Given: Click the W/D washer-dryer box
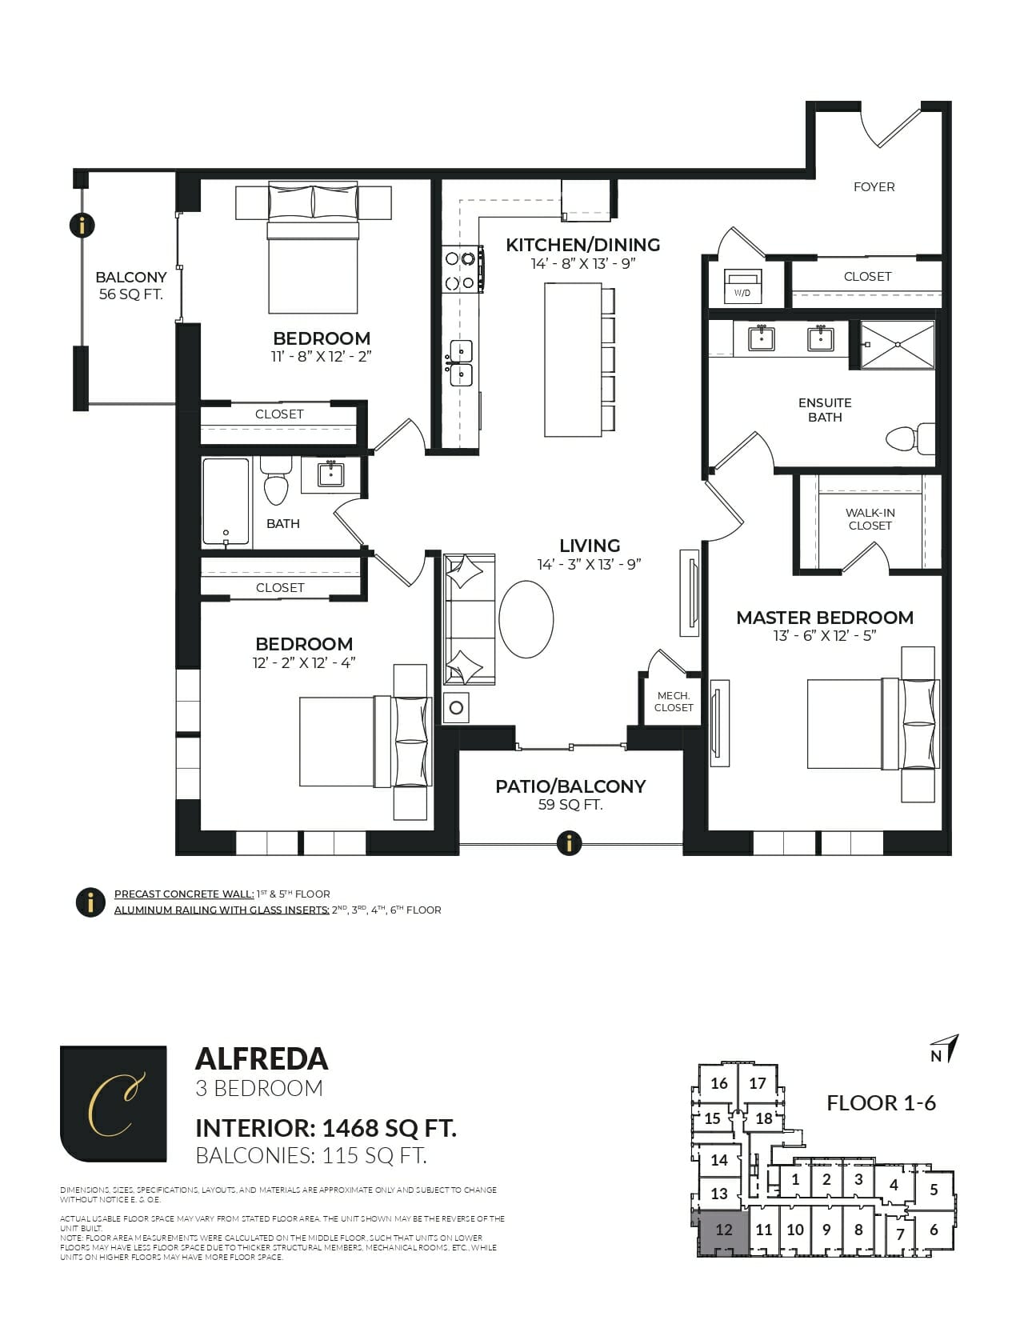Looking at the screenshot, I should click(x=742, y=286).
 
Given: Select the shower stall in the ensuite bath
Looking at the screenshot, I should click(x=897, y=345).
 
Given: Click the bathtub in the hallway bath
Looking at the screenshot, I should click(x=226, y=502).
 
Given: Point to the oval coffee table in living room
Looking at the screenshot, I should click(x=526, y=619).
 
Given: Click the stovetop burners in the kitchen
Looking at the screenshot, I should click(x=461, y=270).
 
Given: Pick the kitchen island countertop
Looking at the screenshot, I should click(x=572, y=360).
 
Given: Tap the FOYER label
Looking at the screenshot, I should click(x=874, y=186).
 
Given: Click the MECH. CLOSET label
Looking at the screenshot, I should click(x=673, y=702).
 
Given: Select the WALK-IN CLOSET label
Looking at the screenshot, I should click(x=870, y=519).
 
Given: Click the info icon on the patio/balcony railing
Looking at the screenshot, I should click(x=569, y=842).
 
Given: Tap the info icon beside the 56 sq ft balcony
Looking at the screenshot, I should click(x=82, y=225).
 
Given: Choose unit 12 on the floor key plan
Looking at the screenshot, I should click(x=724, y=1230).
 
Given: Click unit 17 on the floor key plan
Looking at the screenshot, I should click(x=758, y=1083).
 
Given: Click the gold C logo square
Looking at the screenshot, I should click(x=113, y=1103).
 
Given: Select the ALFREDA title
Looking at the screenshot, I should click(x=262, y=1058).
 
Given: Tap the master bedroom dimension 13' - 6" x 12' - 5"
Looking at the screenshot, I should click(x=824, y=636).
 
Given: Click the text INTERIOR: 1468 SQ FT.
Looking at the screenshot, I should click(x=326, y=1128).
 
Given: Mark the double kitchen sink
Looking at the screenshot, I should click(x=461, y=362).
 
